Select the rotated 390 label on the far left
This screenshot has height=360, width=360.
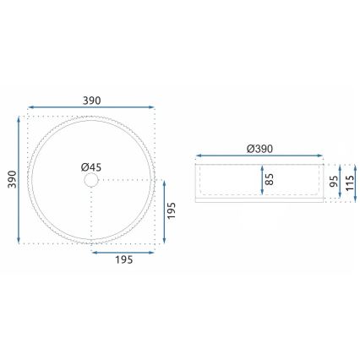[9, 180]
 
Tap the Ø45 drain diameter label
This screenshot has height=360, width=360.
[91, 167]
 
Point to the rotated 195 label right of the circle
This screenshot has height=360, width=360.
[171, 211]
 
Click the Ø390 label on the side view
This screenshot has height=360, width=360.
[259, 148]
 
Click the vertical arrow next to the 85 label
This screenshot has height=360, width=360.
[261, 180]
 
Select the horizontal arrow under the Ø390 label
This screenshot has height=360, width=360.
[259, 158]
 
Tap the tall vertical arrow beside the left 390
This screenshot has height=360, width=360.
[19, 179]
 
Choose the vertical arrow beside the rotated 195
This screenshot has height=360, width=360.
[161, 211]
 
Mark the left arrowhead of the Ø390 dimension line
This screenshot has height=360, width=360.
[199, 158]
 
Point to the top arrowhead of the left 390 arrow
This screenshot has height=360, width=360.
[19, 119]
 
